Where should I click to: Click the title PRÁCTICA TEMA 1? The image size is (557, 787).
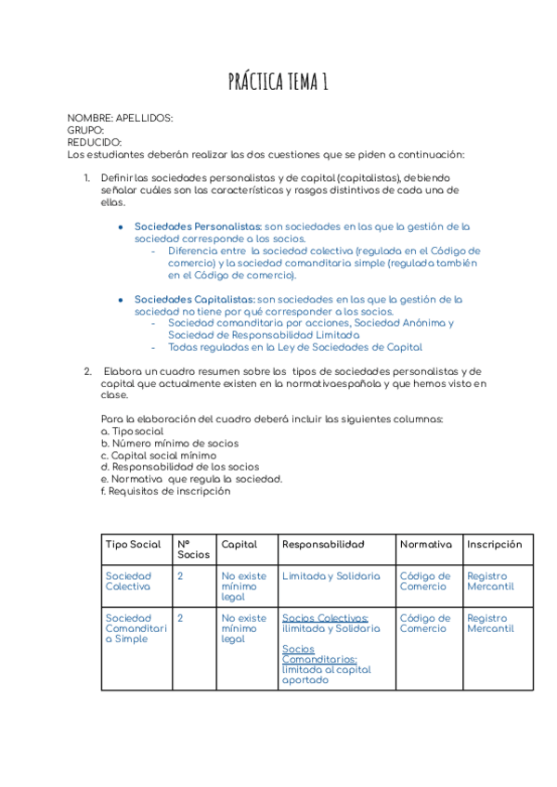[278, 84]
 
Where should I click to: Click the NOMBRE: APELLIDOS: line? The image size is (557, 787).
[120, 118]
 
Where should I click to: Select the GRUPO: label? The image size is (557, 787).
[85, 130]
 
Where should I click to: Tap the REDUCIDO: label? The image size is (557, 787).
[95, 142]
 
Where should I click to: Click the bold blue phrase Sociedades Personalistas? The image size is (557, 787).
[198, 226]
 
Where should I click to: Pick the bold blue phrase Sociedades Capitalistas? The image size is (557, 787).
[195, 299]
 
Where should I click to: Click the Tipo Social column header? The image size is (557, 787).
[133, 545]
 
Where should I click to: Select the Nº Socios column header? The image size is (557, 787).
[193, 549]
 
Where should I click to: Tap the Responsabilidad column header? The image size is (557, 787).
[323, 545]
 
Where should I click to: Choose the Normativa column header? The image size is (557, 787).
[425, 545]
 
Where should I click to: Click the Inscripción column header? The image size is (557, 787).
[494, 545]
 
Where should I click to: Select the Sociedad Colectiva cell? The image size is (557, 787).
[128, 581]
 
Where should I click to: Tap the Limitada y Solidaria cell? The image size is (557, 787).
[330, 576]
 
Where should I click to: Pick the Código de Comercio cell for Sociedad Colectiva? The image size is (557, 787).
[425, 581]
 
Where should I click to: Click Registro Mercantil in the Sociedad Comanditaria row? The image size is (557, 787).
[490, 623]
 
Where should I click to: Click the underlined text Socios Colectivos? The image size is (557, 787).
[325, 618]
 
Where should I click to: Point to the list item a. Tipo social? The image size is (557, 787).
[132, 432]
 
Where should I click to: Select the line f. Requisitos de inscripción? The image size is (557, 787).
[165, 491]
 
